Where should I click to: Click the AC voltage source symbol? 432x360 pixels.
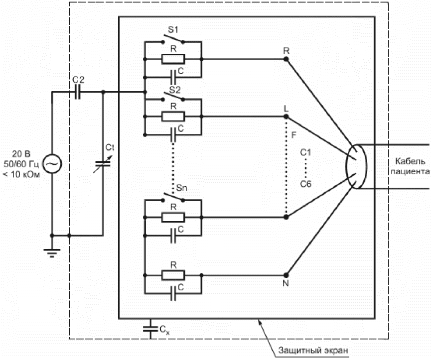[52, 164]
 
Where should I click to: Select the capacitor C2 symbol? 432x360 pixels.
[78, 92]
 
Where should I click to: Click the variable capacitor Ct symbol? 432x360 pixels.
[103, 164]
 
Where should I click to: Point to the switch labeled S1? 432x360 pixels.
[173, 39]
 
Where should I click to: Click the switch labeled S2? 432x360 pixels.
[173, 97]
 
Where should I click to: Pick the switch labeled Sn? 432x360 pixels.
[173, 197]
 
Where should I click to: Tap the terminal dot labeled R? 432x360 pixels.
[286, 59]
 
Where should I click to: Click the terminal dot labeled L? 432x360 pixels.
[286, 117]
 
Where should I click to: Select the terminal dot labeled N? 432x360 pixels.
[286, 275]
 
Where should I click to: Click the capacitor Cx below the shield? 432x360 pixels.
[150, 329]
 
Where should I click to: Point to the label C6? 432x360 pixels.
[305, 184]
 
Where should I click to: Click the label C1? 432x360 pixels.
[305, 152]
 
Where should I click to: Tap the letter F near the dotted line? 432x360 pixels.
[293, 135]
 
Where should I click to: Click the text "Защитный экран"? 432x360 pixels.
[313, 351]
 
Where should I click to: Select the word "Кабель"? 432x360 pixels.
[410, 161]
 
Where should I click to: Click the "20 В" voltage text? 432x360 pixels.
[21, 154]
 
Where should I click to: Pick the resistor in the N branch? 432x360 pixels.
[173, 275]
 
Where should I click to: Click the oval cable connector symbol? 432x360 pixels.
[356, 166]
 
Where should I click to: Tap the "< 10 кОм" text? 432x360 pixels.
[21, 174]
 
